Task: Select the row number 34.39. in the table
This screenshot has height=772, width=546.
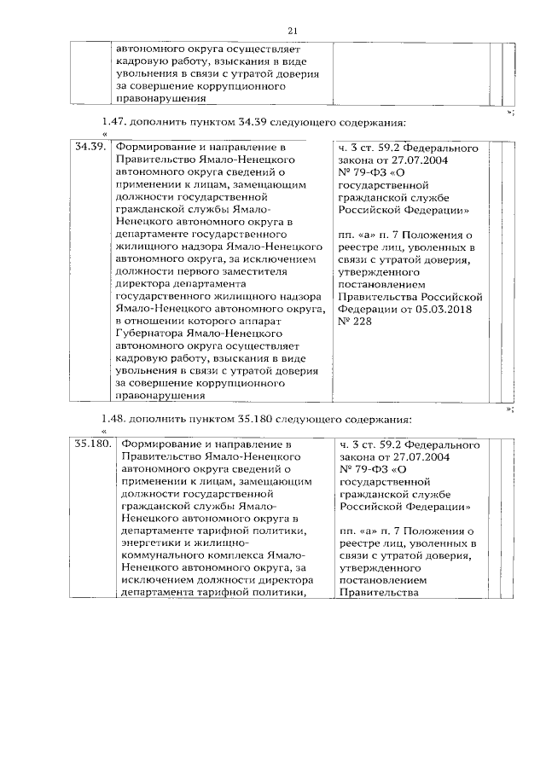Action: click(90, 148)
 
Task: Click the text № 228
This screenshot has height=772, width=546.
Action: click(355, 311)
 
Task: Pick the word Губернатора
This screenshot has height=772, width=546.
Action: click(151, 334)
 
